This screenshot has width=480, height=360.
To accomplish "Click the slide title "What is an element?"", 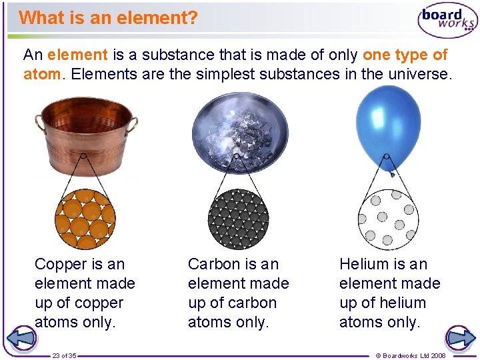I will pos(108,17).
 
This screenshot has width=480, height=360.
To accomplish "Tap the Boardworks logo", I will pos(447,21).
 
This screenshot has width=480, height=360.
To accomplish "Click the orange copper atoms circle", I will pos(85,218).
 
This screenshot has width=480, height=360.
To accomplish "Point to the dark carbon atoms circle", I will pos(238,218).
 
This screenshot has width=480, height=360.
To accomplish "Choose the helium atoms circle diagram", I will pos(389,218).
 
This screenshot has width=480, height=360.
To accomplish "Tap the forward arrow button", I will pos(460,338).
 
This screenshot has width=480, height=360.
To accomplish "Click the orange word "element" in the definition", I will pos(77,55).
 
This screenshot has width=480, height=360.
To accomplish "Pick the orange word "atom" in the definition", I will pos(41,74).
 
